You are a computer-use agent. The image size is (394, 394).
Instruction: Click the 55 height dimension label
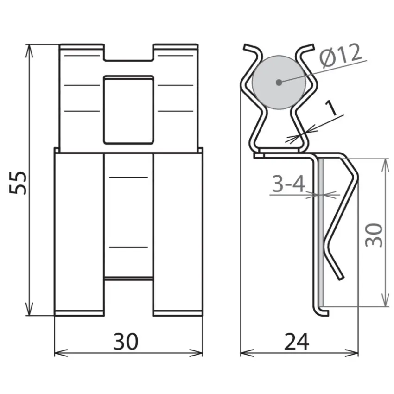[18, 183]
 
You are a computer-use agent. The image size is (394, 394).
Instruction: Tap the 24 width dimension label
[297, 342]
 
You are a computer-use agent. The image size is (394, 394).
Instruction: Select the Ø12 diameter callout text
[341, 56]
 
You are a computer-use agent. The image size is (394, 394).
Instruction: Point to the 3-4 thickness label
[288, 184]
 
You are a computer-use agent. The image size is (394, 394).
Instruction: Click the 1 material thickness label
[331, 108]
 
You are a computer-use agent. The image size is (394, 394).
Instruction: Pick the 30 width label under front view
[126, 342]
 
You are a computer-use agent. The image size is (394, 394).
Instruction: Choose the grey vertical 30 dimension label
[374, 235]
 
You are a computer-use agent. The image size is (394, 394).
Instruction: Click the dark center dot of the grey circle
[279, 82]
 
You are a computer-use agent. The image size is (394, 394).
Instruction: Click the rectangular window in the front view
[128, 110]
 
